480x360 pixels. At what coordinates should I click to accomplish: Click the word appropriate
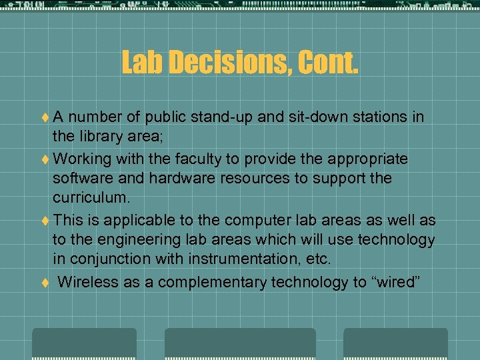[365, 159]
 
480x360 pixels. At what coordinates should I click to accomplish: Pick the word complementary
[212, 282]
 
